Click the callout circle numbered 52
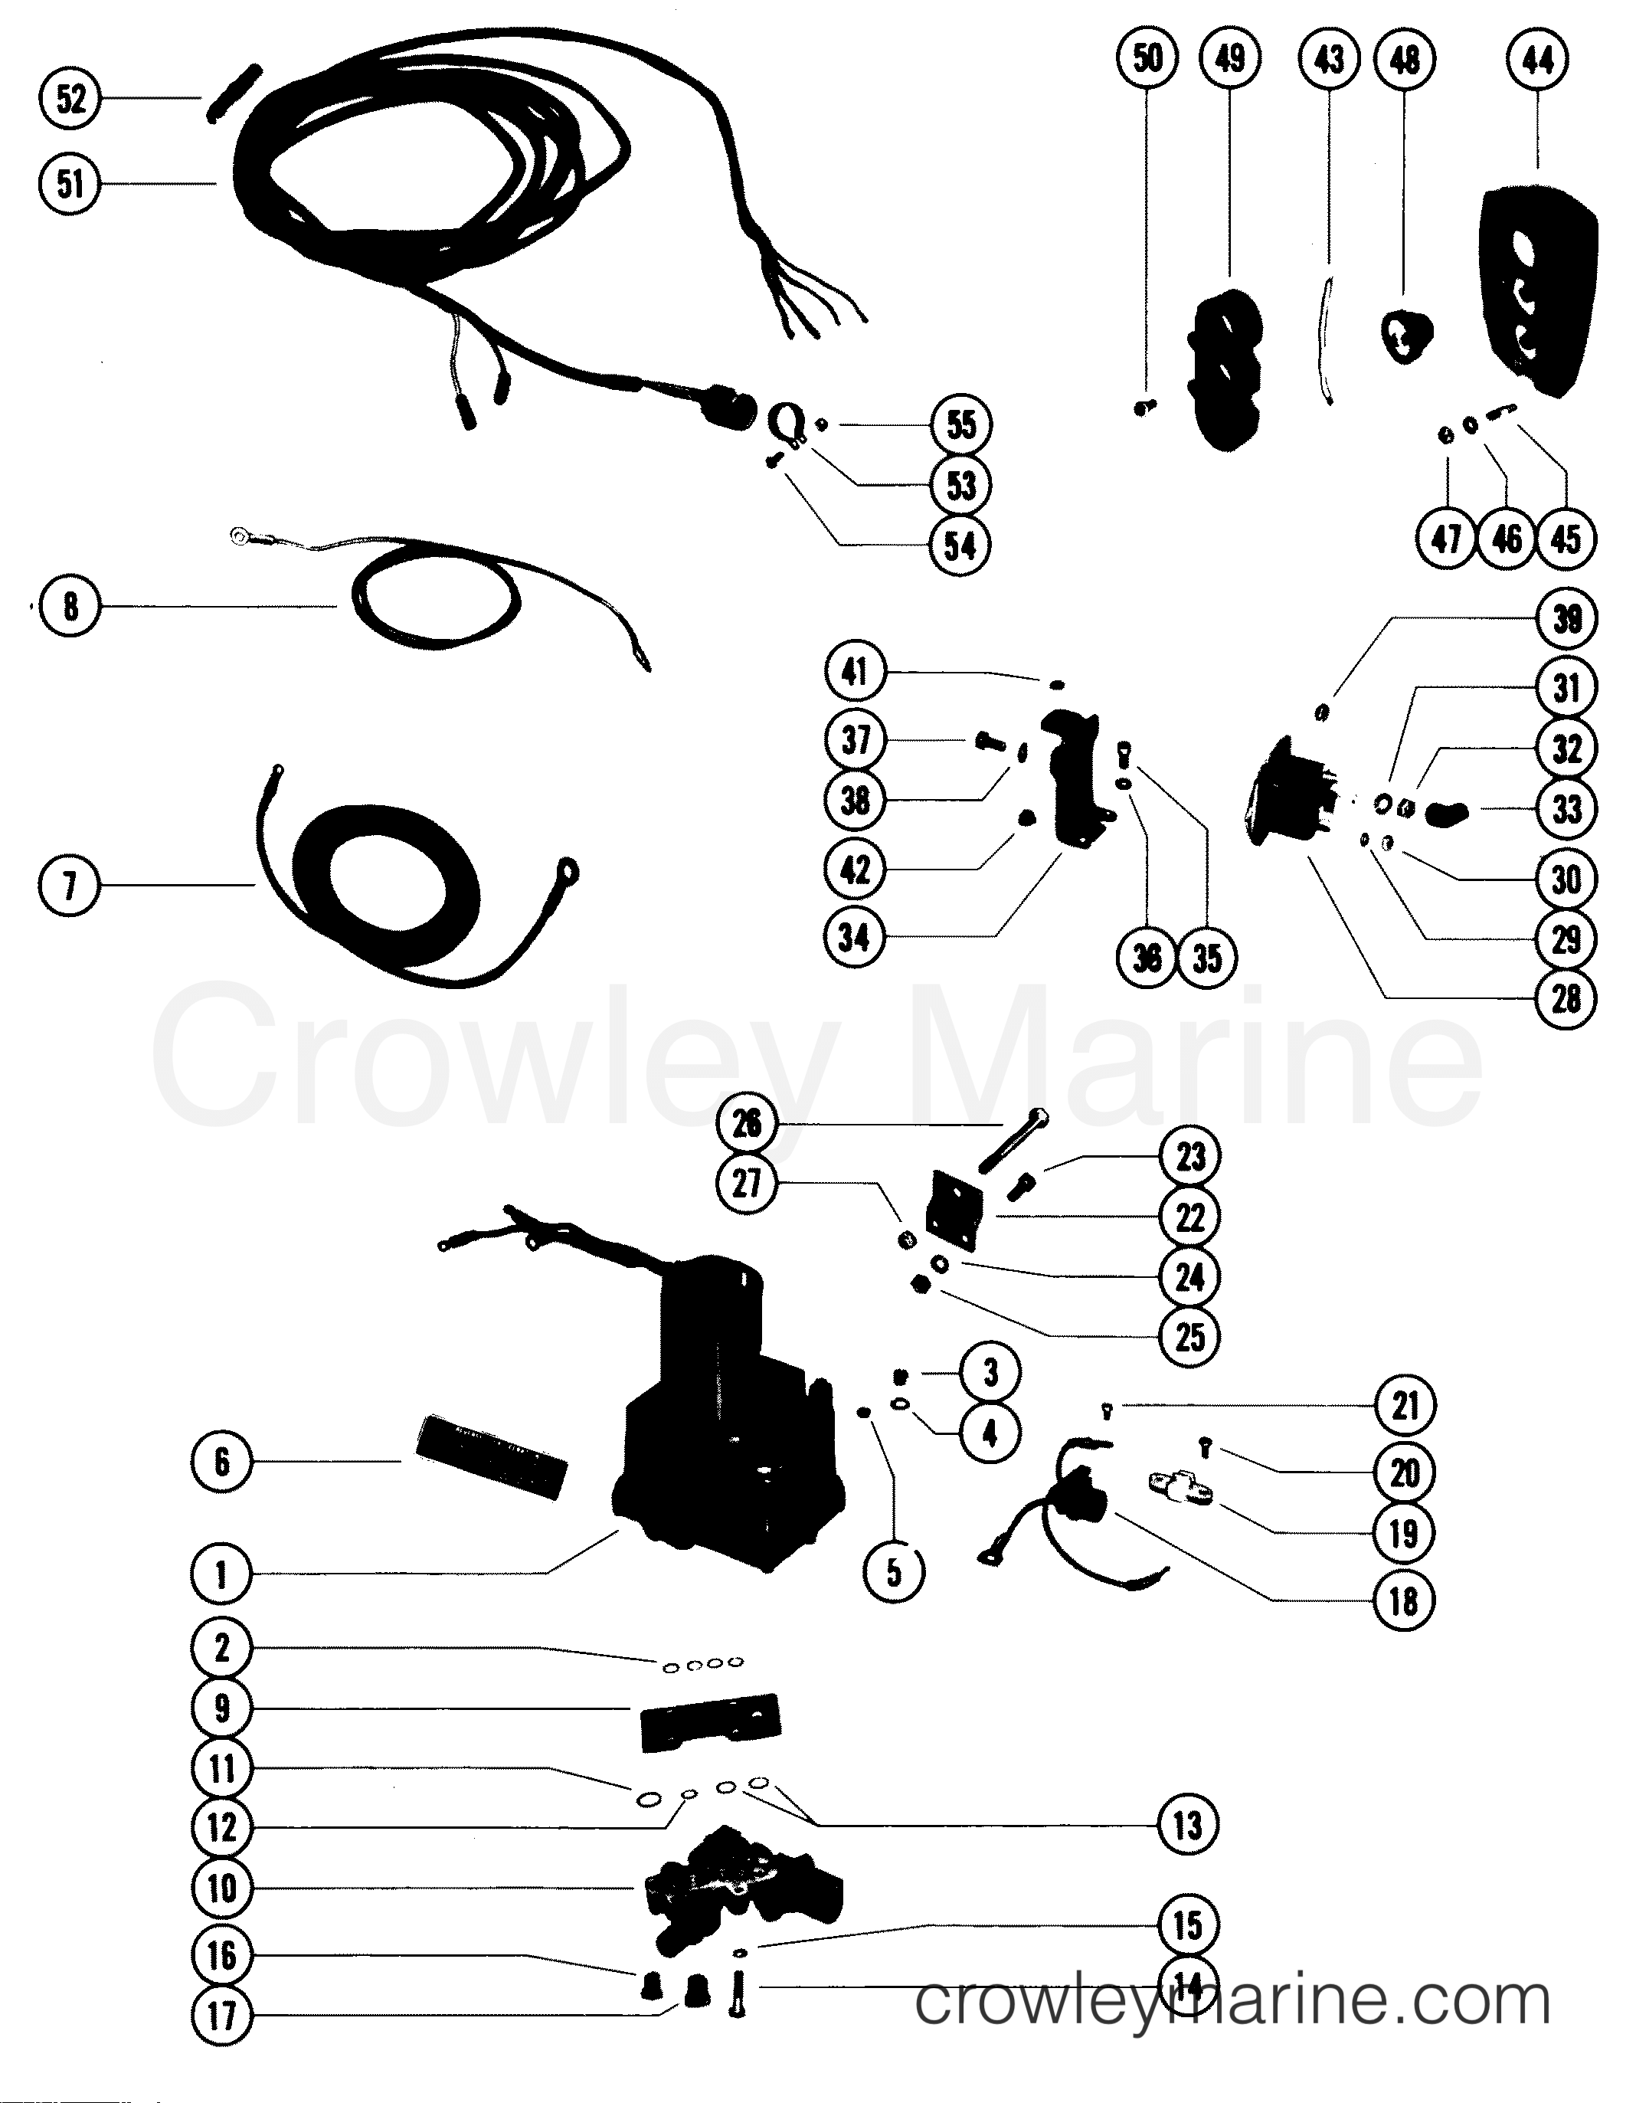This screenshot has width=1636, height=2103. coord(70,98)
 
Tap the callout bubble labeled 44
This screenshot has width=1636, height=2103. coord(1537,61)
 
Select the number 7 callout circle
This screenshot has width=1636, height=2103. coord(70,885)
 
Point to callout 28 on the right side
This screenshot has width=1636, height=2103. coord(1566,998)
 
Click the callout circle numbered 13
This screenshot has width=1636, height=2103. coord(1187,1825)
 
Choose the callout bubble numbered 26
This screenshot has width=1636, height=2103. coord(748,1123)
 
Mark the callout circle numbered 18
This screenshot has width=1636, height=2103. coord(1404,1600)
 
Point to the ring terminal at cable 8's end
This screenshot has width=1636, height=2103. coord(236,535)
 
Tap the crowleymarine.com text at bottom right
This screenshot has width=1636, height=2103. coord(1232,2001)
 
